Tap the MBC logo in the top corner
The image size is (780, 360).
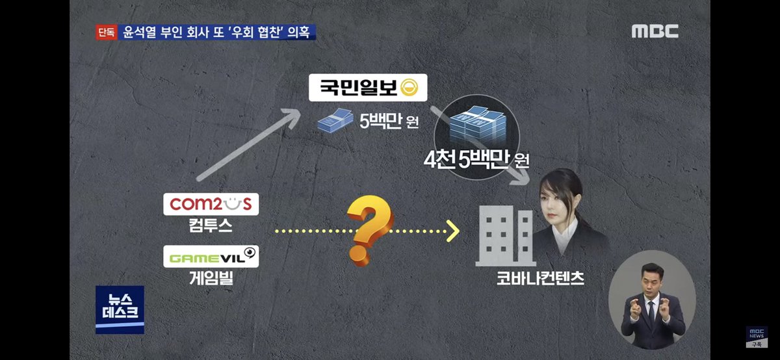tap(655, 31)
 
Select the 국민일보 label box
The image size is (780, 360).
tap(367, 86)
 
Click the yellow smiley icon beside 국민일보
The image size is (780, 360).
tap(409, 86)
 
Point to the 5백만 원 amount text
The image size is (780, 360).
tap(388, 122)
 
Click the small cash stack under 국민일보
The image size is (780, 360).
tap(335, 121)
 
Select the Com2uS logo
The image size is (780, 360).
tap(210, 204)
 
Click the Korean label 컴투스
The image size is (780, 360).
tap(210, 227)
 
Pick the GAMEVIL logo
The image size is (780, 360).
tap(210, 257)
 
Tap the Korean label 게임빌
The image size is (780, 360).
tap(210, 280)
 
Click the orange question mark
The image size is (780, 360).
tap(369, 231)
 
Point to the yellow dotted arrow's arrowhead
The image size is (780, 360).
tap(452, 230)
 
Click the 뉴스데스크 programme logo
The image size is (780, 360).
tap(120, 309)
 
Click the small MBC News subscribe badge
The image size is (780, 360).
tap(756, 336)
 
